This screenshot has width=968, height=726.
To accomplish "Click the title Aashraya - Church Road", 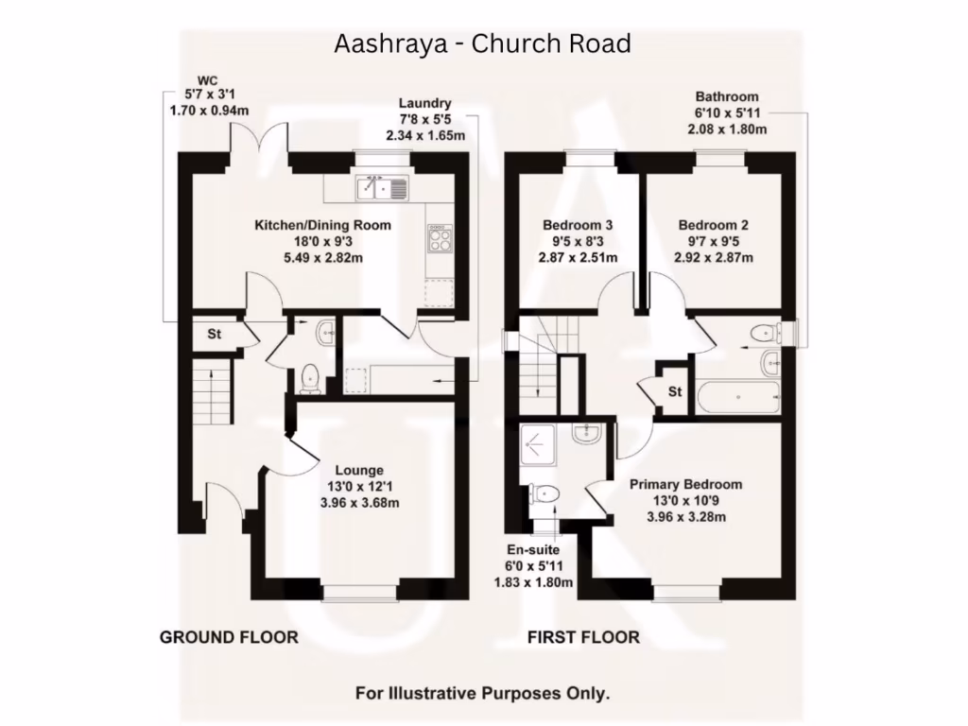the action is click(x=482, y=43).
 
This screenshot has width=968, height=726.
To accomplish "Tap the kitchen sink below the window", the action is click(x=382, y=188).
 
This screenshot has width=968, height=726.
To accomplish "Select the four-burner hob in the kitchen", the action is click(x=441, y=239).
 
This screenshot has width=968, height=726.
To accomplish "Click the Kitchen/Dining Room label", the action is click(x=323, y=225).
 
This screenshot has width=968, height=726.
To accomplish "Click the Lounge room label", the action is click(x=360, y=471).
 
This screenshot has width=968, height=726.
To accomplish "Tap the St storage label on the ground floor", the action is click(x=214, y=334).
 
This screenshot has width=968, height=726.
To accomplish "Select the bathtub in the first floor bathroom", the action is click(x=738, y=397).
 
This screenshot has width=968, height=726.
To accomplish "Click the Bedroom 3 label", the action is click(x=578, y=225).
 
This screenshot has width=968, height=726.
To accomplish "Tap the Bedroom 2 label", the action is click(x=713, y=225).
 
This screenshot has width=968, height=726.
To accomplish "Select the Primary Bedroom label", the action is click(x=686, y=485).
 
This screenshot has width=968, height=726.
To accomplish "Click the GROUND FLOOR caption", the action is click(x=229, y=637).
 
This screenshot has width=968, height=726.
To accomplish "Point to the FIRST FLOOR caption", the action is click(x=583, y=637).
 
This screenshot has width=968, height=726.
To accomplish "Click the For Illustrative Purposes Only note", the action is click(x=482, y=693).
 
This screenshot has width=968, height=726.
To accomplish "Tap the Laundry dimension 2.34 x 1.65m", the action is click(x=425, y=135).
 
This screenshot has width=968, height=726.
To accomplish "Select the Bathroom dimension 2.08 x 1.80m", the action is click(x=727, y=129).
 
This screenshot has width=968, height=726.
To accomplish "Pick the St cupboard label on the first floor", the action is click(x=675, y=391).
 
